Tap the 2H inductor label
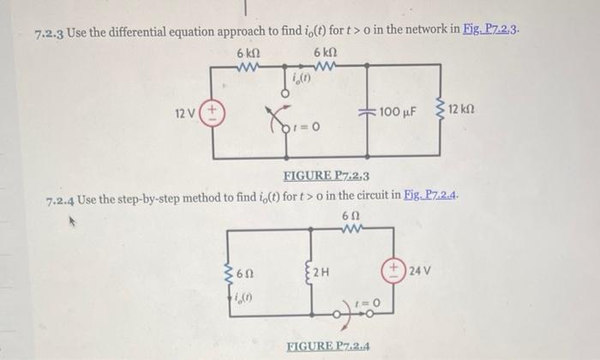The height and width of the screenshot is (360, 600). tap(321, 274)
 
